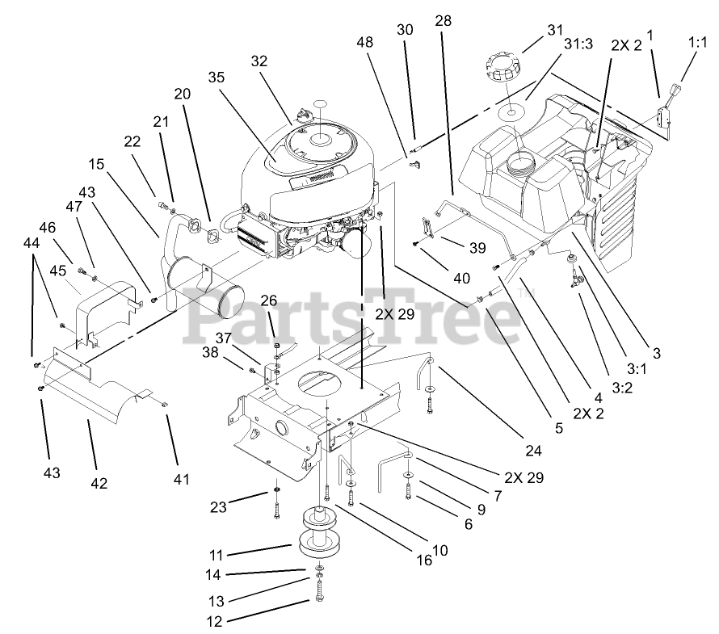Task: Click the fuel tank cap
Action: coord(504,65)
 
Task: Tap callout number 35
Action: coord(215,78)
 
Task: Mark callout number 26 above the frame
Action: coord(269,300)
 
